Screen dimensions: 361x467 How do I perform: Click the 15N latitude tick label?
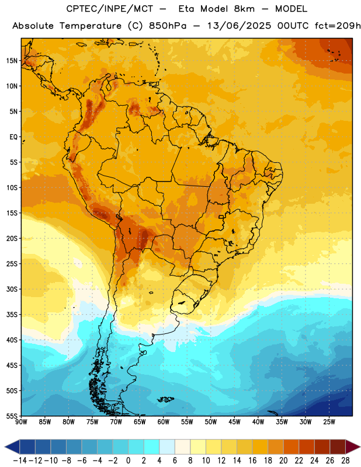click(12, 61)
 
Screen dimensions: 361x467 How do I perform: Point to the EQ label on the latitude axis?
click(13, 137)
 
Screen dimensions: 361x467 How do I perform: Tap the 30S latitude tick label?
click(12, 289)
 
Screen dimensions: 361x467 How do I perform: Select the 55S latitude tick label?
click(12, 416)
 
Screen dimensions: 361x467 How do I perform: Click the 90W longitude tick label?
click(21, 421)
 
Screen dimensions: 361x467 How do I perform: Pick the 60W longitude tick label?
click(164, 421)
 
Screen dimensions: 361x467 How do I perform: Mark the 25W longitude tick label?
click(329, 421)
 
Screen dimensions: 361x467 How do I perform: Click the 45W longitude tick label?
click(234, 421)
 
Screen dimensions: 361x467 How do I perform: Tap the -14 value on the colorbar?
click(20, 461)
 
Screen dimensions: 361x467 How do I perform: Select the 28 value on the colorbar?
click(345, 461)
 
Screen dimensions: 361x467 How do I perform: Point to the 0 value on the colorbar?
click(128, 461)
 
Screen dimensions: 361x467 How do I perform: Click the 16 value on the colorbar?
click(252, 461)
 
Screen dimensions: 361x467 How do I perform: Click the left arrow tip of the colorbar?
click(5, 447)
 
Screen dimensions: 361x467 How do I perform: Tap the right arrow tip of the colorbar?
click(360, 447)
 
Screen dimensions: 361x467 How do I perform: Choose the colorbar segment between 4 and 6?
click(167, 447)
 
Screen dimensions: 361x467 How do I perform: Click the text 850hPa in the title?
click(168, 26)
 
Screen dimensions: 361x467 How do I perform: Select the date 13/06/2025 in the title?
click(239, 26)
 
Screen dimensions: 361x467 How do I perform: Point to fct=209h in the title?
click(338, 26)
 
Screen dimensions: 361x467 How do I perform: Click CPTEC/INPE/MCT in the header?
click(109, 9)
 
